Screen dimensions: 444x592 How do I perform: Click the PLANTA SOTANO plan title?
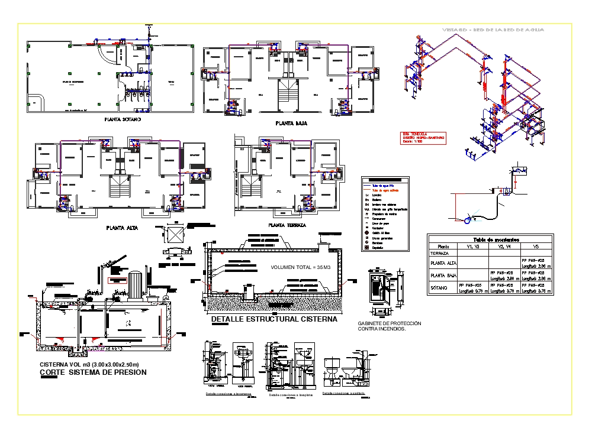pyautogui.click(x=123, y=119)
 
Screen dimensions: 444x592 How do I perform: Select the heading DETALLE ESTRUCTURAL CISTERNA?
pyautogui.click(x=274, y=319)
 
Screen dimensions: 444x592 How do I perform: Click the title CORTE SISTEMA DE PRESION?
pyautogui.click(x=93, y=373)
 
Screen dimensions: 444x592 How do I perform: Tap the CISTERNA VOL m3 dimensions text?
pyautogui.click(x=89, y=364)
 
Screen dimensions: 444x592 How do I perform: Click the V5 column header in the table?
pyautogui.click(x=535, y=247)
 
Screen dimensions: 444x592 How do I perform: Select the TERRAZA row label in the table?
pyautogui.click(x=443, y=253)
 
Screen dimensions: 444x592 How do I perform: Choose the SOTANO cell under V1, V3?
pyautogui.click(x=472, y=288)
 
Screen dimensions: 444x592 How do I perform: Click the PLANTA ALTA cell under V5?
pyautogui.click(x=536, y=262)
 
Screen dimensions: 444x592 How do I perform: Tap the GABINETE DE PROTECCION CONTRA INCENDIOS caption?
pyautogui.click(x=390, y=326)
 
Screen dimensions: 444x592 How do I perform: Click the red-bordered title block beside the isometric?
pyautogui.click(x=423, y=137)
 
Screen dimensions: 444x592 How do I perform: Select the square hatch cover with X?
pyautogui.click(x=176, y=234)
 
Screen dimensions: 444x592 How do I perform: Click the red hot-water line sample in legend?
pyautogui.click(x=368, y=190)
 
